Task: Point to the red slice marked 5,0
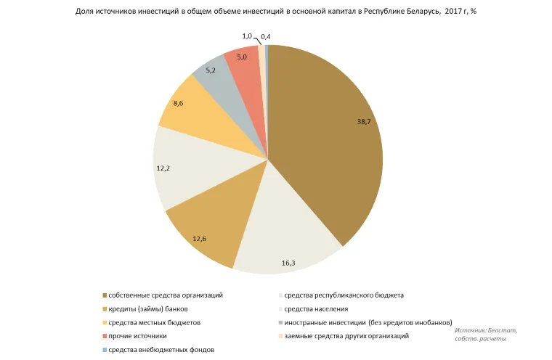[243, 60]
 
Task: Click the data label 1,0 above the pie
[247, 36]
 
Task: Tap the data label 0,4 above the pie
[266, 36]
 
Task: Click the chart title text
[275, 12]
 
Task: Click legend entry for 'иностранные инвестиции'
[368, 322]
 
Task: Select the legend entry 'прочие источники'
[137, 336]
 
